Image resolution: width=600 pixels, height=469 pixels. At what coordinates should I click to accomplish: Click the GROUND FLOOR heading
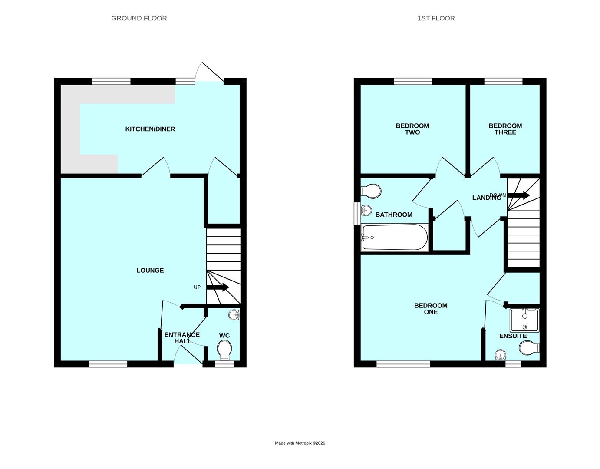click(139, 18)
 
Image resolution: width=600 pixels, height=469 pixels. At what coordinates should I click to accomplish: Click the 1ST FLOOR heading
click(436, 18)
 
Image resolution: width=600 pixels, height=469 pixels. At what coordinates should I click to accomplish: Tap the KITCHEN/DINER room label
click(150, 129)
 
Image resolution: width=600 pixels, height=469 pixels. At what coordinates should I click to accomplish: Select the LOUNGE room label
click(150, 270)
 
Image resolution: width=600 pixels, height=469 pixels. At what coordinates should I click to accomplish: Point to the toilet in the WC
click(224, 350)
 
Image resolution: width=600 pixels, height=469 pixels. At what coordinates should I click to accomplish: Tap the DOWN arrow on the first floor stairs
click(518, 195)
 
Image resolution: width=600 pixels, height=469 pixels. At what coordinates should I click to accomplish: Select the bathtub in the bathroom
click(395, 238)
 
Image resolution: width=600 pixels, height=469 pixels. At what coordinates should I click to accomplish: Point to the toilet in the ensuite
click(528, 348)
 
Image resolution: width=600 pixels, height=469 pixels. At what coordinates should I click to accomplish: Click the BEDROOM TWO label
click(412, 129)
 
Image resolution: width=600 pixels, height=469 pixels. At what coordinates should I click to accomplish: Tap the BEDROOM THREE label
click(505, 129)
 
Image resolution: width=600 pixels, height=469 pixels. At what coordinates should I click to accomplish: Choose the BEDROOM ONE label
click(430, 309)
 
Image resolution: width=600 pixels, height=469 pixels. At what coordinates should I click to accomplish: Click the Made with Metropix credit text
click(300, 443)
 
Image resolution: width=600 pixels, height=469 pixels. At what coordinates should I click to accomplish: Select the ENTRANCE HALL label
click(182, 338)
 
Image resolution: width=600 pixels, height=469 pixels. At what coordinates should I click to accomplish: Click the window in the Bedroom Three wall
click(503, 81)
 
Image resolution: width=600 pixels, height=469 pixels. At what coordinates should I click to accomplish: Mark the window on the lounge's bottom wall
click(108, 364)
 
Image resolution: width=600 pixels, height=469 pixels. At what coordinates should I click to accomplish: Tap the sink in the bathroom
click(366, 211)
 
